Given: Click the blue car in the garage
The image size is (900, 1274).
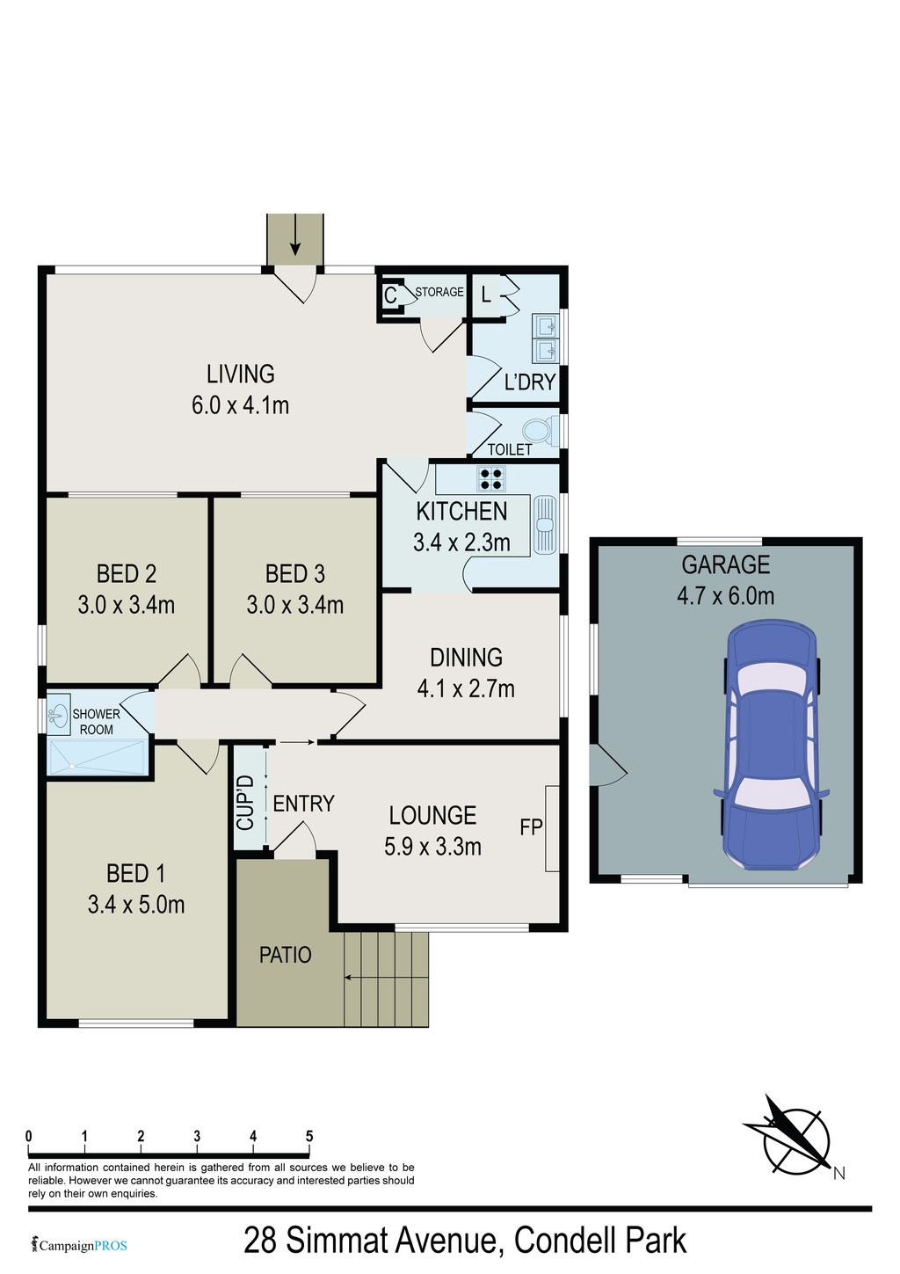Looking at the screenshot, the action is point(771,745).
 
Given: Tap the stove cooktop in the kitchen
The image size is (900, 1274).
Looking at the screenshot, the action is point(491,478).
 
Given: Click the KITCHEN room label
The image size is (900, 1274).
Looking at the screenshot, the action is point(461,512).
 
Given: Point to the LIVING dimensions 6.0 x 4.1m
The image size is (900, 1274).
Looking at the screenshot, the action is point(241,405).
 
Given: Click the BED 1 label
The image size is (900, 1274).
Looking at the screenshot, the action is point(136,873).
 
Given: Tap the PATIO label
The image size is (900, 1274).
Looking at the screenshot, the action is point(286,955).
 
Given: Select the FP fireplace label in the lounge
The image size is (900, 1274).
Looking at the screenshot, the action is point(531,826).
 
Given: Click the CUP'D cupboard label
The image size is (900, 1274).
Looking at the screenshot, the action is point(245,795).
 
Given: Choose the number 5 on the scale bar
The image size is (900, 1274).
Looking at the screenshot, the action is point(309,1136).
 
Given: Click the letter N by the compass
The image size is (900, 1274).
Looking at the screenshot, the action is point(839,1173).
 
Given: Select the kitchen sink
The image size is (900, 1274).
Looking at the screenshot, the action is point(546,523).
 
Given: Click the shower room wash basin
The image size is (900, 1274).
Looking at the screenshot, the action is point(57,713).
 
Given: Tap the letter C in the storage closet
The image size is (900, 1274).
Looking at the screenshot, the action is point(390,295).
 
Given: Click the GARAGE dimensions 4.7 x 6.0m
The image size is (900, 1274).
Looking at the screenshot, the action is point(725,595).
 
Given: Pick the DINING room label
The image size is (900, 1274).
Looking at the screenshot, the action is point(466,658).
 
